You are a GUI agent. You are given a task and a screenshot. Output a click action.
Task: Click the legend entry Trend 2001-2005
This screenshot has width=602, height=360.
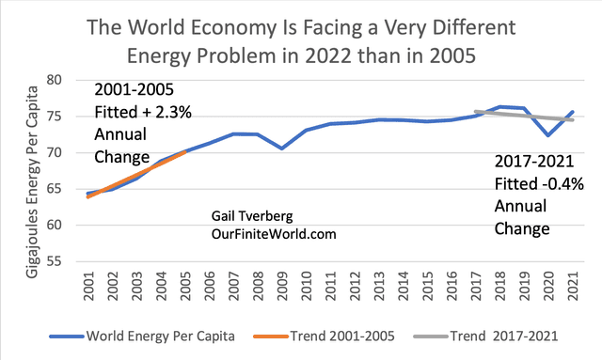(347, 335)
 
